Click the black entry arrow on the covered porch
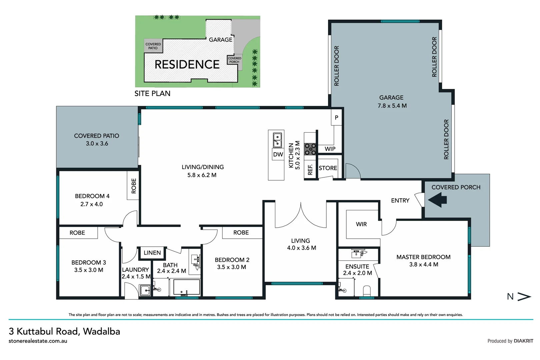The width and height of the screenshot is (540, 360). tap(437, 200)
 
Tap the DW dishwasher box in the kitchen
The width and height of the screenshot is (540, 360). tap(278, 154)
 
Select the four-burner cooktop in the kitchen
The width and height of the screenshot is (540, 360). tap(310, 149)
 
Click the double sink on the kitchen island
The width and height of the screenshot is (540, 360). tap(277, 140)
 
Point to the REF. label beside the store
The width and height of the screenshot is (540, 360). tap(310, 170)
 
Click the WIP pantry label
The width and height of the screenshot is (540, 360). tap(330, 149)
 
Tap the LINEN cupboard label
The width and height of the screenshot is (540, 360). tap(152, 253)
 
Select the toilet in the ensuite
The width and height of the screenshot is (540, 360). tap(367, 291)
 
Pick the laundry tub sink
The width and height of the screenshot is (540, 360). tap(145, 290)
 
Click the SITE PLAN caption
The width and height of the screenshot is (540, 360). tap(152, 94)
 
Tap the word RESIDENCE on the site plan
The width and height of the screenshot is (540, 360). tap(187, 64)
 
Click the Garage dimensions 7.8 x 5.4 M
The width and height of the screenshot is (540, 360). tap(392, 106)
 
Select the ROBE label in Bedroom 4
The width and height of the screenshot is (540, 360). tap(134, 186)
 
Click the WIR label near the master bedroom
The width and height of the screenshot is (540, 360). tap(361, 224)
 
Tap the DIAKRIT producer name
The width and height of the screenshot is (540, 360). tap(523, 341)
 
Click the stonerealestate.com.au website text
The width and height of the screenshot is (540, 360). tap(38, 341)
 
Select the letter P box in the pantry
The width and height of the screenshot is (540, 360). tap(336, 118)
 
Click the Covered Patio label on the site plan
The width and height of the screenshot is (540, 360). tap(153, 46)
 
